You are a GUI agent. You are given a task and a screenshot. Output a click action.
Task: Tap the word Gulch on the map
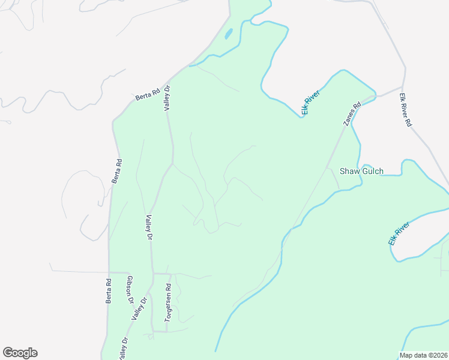tap(372, 171)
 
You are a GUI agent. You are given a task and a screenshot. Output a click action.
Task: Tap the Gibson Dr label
tap(128, 289)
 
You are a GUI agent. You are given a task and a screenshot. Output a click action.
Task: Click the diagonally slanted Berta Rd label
tap(147, 94)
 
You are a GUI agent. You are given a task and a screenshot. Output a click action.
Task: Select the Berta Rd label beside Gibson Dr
tap(109, 290)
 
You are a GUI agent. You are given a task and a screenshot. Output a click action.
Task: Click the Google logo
tap(20, 353)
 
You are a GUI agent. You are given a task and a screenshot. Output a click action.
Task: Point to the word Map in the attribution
tap(407, 355)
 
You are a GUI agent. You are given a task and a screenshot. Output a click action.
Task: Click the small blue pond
tap(229, 34)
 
